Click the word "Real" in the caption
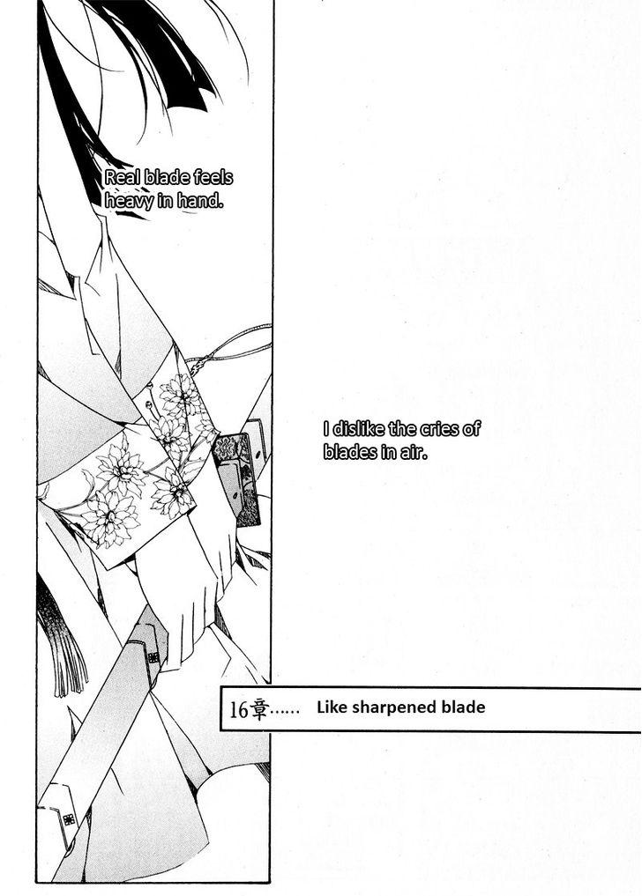pos(123,178)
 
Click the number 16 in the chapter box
pos(239,710)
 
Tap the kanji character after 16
pos(258,710)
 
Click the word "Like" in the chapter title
pos(332,707)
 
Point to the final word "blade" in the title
pos(463,707)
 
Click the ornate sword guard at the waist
pos(237,479)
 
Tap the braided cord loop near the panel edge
pos(229,350)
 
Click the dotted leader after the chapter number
pos(285,713)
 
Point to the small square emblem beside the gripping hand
pos(153,657)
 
